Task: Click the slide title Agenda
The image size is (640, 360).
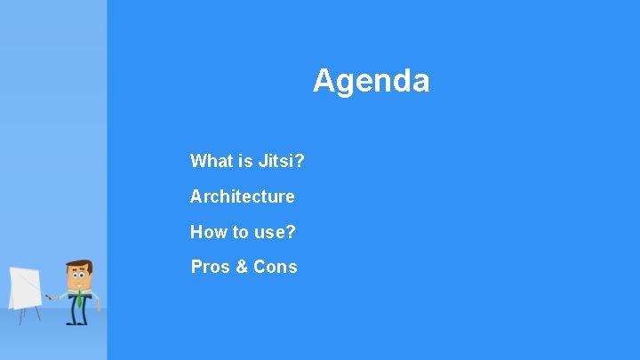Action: click(371, 81)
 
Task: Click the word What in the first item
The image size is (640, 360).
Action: click(211, 161)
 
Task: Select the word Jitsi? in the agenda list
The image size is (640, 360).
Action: click(282, 161)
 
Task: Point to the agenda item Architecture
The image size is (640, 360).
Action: click(242, 196)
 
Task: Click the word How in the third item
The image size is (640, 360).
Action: click(209, 232)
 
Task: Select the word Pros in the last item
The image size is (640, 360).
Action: click(211, 267)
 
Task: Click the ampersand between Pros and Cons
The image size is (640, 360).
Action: click(242, 267)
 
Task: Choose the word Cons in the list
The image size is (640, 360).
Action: click(276, 267)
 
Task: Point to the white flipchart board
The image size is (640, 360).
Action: click(24, 286)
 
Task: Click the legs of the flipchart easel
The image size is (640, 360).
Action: click(24, 316)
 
